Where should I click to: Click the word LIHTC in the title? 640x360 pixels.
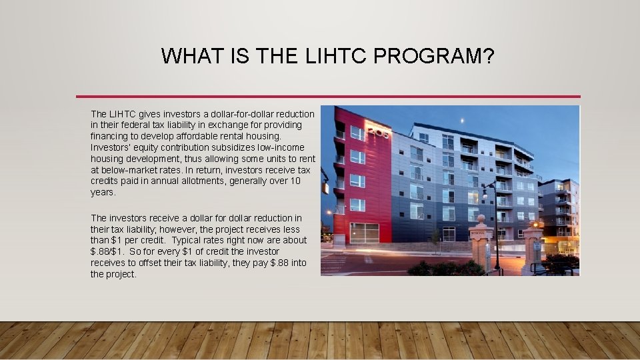pos(330,56)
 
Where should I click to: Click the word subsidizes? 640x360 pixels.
pos(216,148)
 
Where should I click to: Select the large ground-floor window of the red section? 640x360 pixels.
pos(364,233)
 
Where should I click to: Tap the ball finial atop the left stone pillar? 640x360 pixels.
pos(481,219)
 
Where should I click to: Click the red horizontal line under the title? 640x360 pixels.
pos(328,97)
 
